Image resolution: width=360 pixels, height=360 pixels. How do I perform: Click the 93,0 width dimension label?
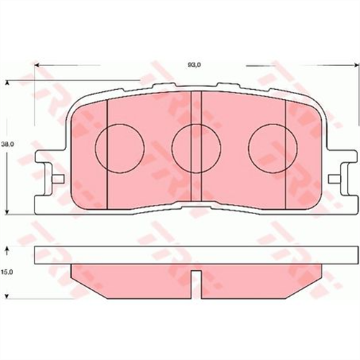point(193,65)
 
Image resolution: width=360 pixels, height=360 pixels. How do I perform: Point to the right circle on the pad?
point(267,145)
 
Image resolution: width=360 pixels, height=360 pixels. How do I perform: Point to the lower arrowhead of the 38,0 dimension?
point(8,211)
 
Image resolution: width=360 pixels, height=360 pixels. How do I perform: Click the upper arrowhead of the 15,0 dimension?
point(8,248)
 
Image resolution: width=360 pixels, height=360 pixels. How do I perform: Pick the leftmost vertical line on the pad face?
point(106,151)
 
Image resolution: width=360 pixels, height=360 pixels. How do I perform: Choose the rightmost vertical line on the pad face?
point(286,151)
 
